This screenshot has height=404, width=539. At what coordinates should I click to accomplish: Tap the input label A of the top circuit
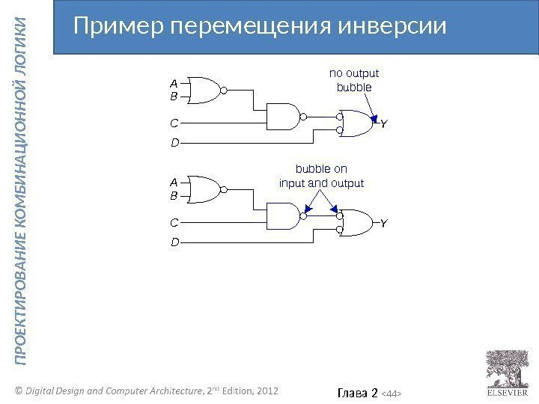174,85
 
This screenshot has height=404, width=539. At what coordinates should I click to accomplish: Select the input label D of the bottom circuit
174,243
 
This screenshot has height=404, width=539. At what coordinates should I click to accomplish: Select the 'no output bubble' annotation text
354,80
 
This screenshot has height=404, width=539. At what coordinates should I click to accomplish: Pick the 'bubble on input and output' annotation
321,176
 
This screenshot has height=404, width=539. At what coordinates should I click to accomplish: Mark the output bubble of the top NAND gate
304,117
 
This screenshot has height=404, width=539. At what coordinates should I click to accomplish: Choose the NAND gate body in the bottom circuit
283,218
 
